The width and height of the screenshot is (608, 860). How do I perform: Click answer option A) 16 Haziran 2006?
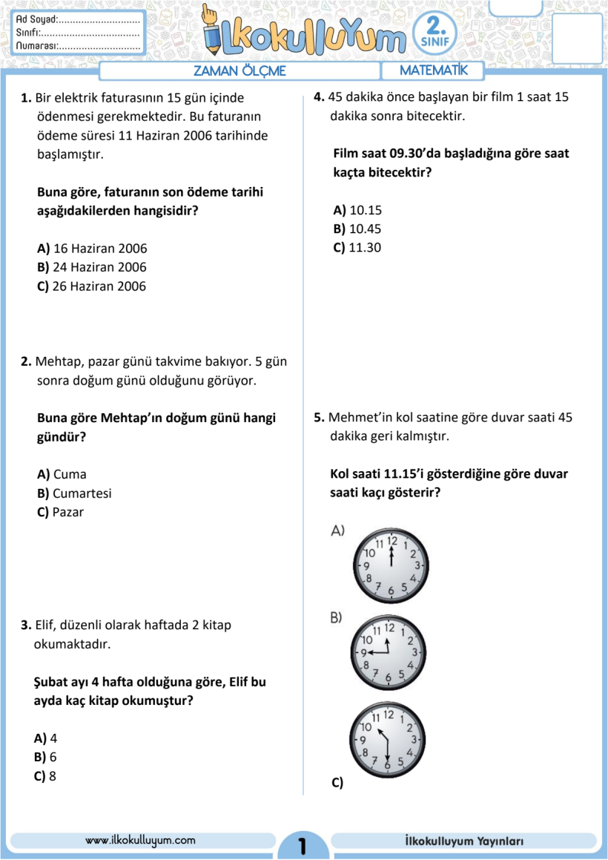click(x=92, y=248)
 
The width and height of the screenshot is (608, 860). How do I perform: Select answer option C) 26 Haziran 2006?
click(x=92, y=286)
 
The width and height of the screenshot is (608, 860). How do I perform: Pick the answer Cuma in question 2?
click(x=62, y=474)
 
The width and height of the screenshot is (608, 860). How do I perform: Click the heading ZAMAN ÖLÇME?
click(x=239, y=71)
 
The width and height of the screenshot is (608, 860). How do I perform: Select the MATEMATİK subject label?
click(x=434, y=70)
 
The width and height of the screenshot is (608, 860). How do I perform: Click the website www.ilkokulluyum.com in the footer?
click(x=141, y=840)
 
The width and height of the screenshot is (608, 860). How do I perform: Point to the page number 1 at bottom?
click(x=302, y=845)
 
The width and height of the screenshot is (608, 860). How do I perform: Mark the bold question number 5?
click(x=320, y=417)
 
